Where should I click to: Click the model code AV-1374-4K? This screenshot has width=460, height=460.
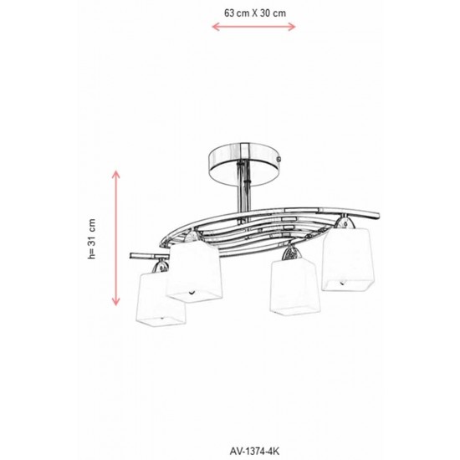(x=254, y=451)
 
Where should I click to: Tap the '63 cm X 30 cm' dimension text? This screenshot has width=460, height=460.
(x=255, y=13)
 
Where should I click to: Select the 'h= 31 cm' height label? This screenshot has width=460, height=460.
(x=92, y=238)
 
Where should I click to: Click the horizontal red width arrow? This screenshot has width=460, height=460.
(x=253, y=27)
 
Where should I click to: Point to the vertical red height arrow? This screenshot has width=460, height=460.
(x=116, y=238)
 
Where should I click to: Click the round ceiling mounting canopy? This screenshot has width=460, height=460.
(x=245, y=164)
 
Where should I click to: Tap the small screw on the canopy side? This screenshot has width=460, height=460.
(x=279, y=159)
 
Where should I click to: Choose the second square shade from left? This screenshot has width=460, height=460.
(x=194, y=271)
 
